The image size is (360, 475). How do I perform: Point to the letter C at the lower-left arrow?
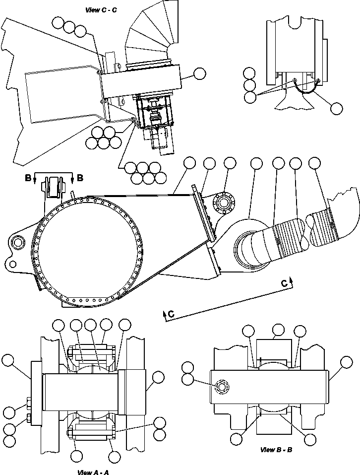[x=170, y=314]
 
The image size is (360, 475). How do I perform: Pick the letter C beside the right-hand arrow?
[x=284, y=283]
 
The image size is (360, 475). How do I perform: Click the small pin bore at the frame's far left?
[x=18, y=243]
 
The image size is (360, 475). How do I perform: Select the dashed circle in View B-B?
[x=221, y=387]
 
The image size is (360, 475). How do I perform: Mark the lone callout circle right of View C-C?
[x=199, y=74]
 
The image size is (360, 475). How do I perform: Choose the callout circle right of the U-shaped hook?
[x=337, y=108]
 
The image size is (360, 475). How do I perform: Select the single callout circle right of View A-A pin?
[x=158, y=377]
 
